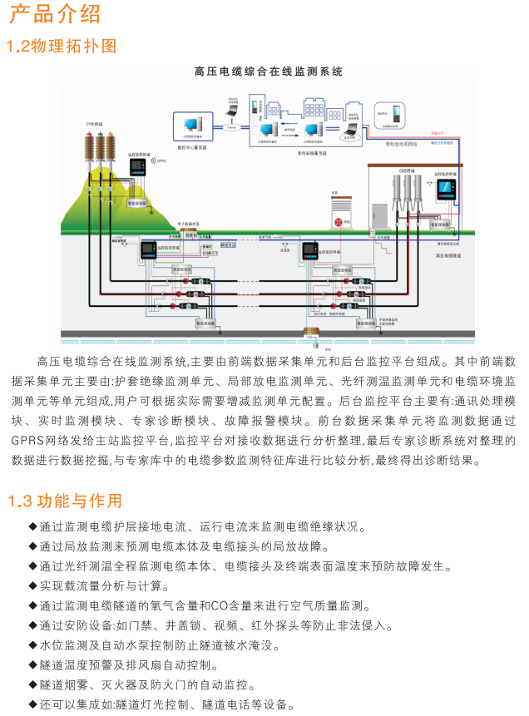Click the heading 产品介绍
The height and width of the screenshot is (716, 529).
55,14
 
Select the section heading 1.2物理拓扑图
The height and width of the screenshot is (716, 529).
62,45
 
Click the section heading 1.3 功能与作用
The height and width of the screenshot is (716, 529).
65,501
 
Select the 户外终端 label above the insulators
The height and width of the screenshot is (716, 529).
93,124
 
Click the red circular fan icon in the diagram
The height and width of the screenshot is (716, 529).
339,223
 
